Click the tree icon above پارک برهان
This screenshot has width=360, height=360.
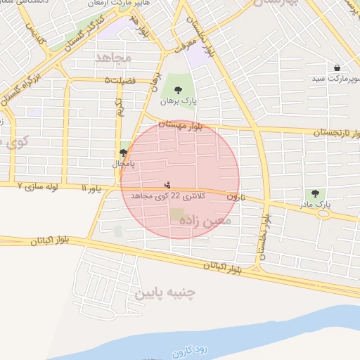[178, 90]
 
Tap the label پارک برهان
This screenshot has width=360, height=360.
[178, 101]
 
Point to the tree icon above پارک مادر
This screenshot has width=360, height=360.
[314, 193]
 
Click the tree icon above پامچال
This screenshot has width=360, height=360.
[124, 153]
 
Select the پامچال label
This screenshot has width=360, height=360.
[124, 163]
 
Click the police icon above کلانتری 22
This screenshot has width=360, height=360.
[167, 185]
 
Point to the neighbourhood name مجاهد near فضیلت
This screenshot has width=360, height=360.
[111, 57]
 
